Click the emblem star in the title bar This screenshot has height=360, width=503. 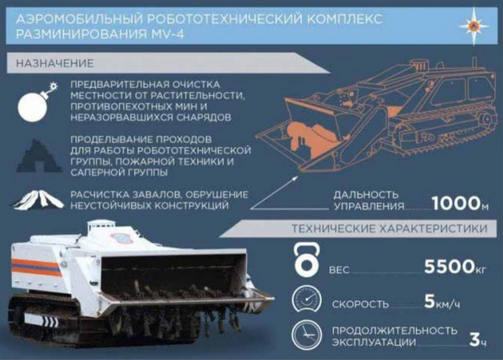(x=474, y=27)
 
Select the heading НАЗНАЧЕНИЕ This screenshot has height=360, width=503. (x=55, y=63)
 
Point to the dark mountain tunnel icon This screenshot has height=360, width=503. (x=39, y=156)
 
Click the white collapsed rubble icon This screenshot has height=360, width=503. (x=39, y=200)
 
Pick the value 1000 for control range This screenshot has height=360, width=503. (x=456, y=203)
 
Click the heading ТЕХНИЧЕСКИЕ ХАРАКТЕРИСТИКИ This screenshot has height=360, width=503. (x=389, y=229)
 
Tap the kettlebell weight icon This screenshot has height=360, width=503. (x=307, y=259)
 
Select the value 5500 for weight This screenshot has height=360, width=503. (x=449, y=266)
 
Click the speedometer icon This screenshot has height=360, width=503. (x=307, y=300)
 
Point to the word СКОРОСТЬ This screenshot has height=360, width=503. (x=360, y=304)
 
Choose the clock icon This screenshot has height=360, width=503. (x=307, y=336)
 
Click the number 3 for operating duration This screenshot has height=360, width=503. (x=474, y=339)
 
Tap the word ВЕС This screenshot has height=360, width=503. (x=339, y=270)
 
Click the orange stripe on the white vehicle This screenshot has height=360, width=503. (x=36, y=267)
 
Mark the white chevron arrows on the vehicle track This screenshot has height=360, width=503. (x=51, y=321)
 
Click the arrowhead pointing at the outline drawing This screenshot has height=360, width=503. (x=295, y=178)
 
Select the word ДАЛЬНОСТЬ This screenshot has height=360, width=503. (x=366, y=195)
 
